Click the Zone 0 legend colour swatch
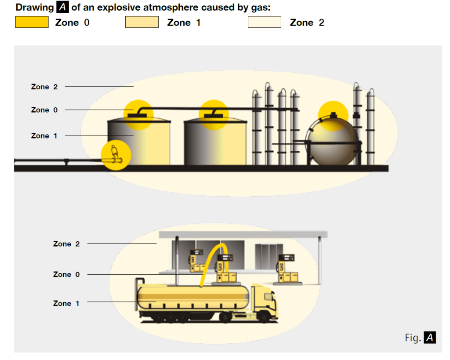(32, 22)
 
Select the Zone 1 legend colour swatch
(142, 22)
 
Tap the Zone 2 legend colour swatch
(264, 22)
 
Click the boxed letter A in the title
(62, 7)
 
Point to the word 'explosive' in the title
(121, 7)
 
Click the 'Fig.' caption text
(413, 338)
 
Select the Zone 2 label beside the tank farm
(44, 87)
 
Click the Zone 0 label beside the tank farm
(44, 110)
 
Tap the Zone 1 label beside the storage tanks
(44, 136)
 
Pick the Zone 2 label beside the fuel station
(66, 244)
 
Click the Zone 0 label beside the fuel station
(66, 274)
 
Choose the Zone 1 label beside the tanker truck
(66, 303)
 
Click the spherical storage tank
(333, 143)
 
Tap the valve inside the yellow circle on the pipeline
(116, 155)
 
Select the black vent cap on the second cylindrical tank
(214, 114)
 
